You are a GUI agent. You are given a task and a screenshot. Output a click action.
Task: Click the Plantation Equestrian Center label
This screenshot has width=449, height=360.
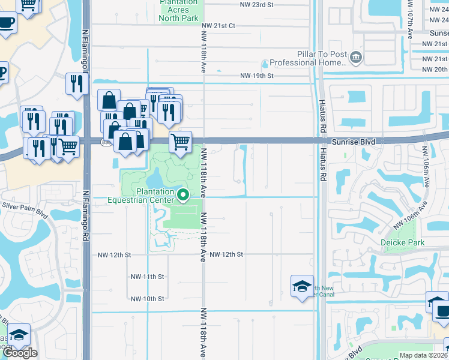(142, 196)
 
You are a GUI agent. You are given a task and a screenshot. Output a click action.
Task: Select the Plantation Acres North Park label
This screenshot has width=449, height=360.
(178, 10)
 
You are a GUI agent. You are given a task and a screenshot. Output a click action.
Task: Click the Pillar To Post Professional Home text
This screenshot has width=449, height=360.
(309, 58)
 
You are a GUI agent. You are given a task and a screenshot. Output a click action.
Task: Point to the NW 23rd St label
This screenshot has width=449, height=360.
(256, 5)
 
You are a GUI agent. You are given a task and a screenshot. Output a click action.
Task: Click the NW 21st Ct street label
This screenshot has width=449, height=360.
(218, 26)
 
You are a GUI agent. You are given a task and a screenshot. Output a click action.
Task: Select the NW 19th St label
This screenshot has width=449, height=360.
(256, 76)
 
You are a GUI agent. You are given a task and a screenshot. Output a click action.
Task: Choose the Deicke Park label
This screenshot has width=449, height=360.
(402, 242)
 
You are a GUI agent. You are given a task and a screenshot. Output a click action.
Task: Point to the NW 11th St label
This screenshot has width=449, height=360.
(147, 277)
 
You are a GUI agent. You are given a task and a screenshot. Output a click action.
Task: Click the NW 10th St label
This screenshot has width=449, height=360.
(147, 299)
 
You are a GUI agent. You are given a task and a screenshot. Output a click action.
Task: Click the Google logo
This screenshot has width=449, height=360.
(20, 353)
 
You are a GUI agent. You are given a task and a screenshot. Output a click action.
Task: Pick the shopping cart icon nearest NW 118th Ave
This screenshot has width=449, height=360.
(180, 142)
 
